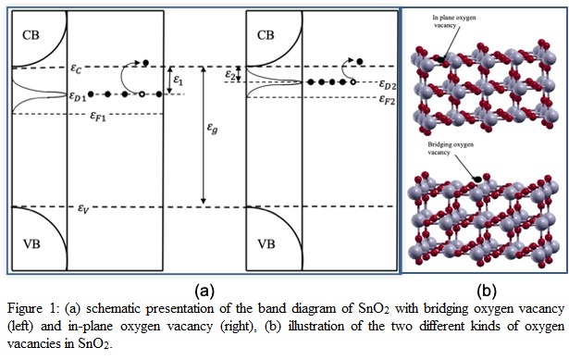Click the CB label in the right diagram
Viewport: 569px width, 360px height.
(266, 35)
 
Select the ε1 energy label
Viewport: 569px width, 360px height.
(179, 81)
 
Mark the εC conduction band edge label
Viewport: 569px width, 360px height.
(80, 62)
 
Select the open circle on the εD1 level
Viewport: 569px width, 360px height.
(140, 93)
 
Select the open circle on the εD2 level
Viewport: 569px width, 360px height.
(353, 82)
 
